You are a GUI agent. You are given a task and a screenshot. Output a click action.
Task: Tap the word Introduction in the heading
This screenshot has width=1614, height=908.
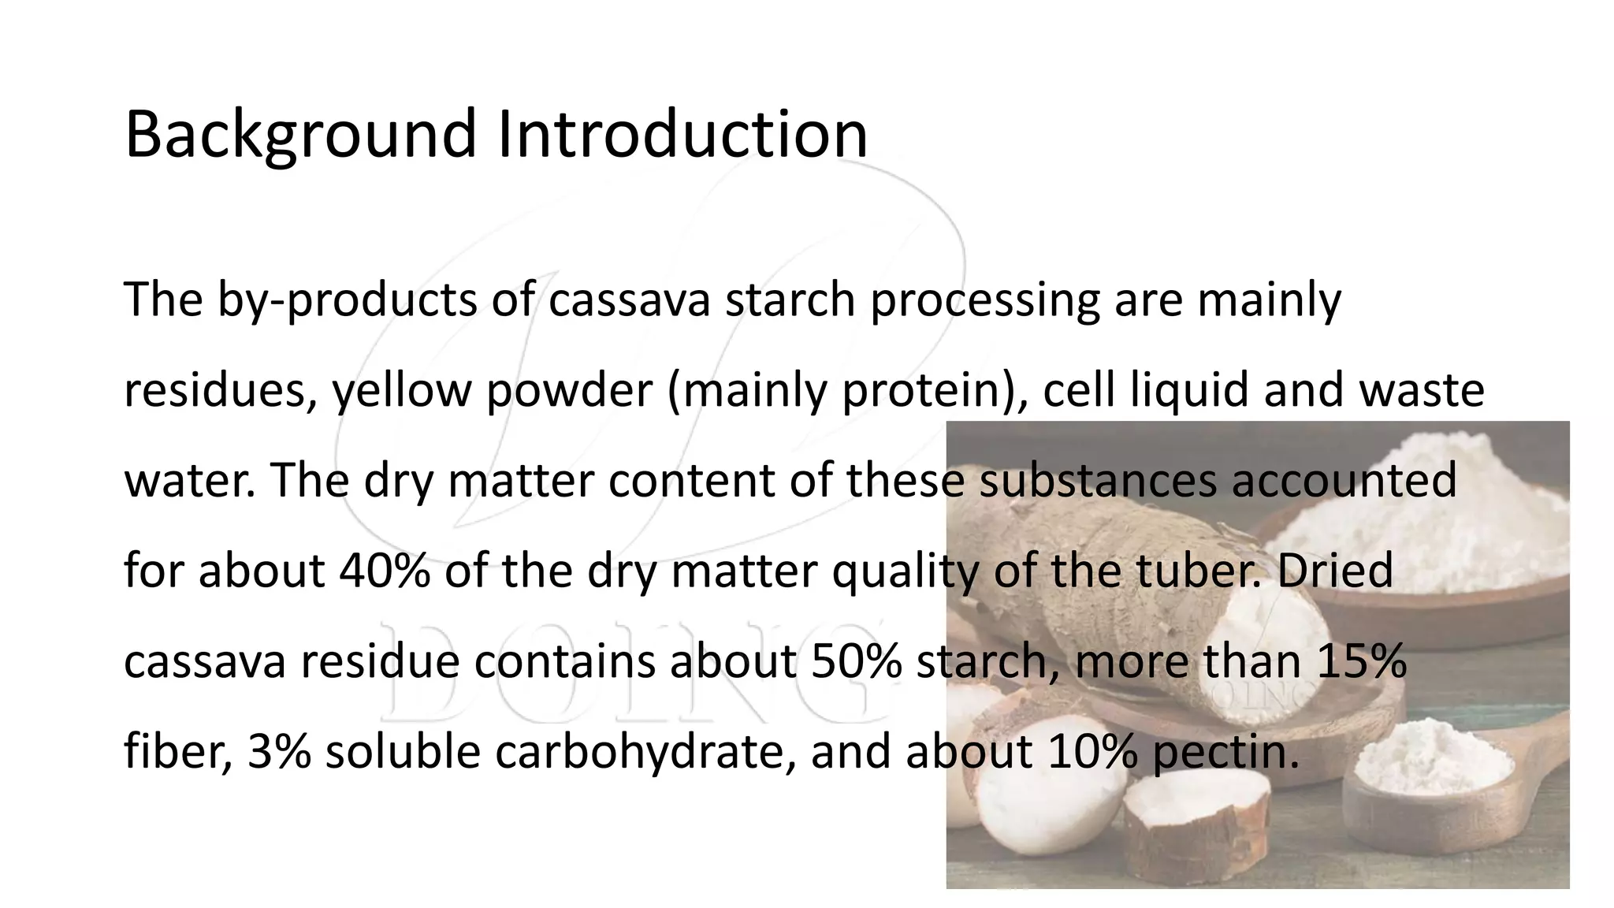682,134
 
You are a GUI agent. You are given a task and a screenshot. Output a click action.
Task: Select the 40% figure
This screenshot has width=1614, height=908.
385,571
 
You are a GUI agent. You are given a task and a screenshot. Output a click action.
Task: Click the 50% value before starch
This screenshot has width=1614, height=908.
855,661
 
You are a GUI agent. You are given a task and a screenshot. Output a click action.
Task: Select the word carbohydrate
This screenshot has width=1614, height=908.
642,751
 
